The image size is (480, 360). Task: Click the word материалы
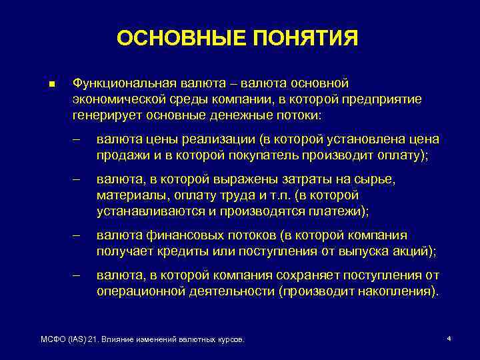(x=133, y=195)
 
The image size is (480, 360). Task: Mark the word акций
(x=414, y=251)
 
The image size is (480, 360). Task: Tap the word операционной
(x=137, y=291)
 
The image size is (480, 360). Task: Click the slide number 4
(x=449, y=339)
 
